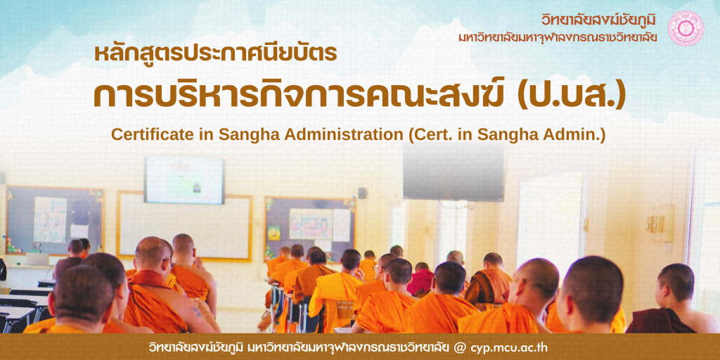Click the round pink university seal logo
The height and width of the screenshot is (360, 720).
[x=686, y=28]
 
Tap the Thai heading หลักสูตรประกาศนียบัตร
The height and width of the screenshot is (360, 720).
[x=216, y=53]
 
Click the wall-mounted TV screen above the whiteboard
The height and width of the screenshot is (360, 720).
[x=184, y=180]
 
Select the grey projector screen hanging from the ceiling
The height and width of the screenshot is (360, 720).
[x=453, y=171]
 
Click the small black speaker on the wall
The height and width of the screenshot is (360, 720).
[x=362, y=193]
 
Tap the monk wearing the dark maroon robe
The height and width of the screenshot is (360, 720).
[x=671, y=298]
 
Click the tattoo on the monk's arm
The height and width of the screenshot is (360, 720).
[x=197, y=311]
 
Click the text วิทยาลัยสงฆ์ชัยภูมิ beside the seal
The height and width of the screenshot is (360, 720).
[x=599, y=20]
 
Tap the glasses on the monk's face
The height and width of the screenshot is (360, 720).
[x=377, y=267]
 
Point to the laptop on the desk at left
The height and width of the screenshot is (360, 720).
[x=37, y=259]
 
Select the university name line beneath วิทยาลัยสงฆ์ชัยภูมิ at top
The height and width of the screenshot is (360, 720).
[x=558, y=37]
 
